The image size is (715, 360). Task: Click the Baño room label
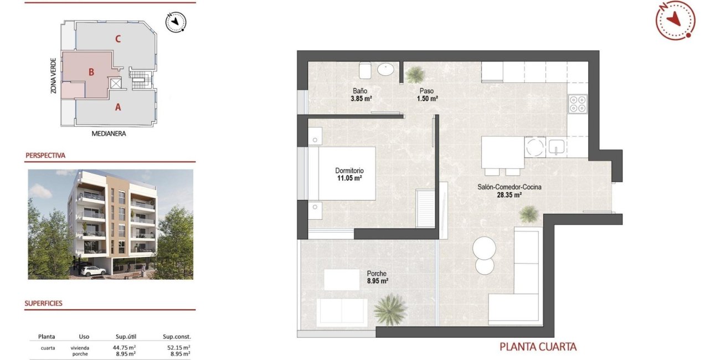point(360,91)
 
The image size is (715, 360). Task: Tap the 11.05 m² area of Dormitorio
point(349,179)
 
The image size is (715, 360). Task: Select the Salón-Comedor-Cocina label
point(509,187)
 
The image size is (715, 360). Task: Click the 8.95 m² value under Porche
point(377,281)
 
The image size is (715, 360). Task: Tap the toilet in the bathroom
point(365,70)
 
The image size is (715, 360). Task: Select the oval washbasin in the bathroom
point(386,69)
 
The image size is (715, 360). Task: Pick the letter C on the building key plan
point(117,39)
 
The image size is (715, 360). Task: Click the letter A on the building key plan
point(117,107)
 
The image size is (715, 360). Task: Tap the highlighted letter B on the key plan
point(91,71)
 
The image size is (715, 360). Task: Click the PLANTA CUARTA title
point(538,347)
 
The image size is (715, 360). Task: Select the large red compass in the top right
point(675,20)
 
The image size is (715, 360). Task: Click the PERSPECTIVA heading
point(45,156)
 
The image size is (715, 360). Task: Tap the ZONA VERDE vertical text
point(53,75)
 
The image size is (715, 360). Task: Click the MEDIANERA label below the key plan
point(109,133)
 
